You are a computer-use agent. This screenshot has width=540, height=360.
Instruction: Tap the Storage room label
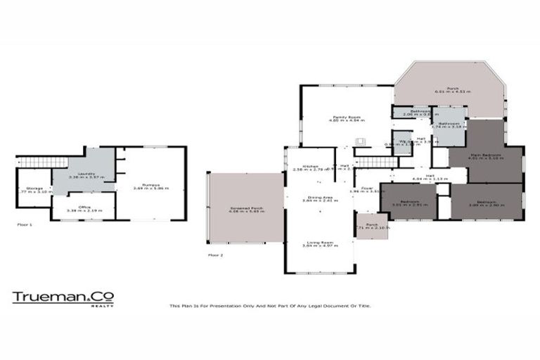[x=34, y=188]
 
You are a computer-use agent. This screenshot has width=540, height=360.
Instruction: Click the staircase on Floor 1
[x=34, y=163]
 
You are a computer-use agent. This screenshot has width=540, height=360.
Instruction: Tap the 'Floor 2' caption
[x=215, y=255]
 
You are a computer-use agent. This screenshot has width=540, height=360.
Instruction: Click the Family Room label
[x=346, y=118]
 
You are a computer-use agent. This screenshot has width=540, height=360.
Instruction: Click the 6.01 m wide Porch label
[x=452, y=89]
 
